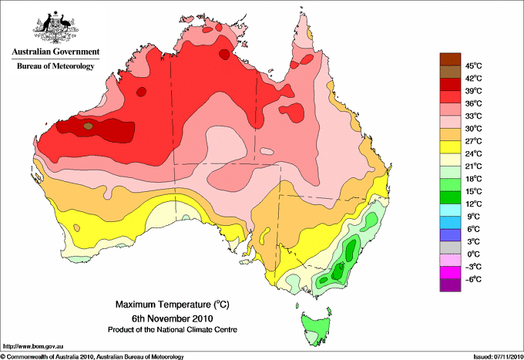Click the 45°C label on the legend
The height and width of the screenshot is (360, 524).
(474, 66)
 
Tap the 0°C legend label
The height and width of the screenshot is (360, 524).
(474, 254)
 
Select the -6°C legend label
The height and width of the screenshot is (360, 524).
(473, 279)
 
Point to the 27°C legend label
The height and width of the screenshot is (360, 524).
(474, 141)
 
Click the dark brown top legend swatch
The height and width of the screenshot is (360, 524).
(450, 59)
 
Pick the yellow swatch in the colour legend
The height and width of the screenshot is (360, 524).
(450, 147)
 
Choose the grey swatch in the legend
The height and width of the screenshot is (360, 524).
(450, 247)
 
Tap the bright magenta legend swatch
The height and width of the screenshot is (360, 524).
(450, 273)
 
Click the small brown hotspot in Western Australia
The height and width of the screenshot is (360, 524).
(88, 126)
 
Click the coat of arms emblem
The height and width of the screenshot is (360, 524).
(55, 26)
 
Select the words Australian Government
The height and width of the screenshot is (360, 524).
(55, 52)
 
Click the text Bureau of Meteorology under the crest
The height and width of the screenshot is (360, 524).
(55, 66)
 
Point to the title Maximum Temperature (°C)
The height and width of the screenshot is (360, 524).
(173, 304)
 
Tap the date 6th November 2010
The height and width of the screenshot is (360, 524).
(173, 318)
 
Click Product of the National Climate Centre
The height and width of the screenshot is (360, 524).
(173, 330)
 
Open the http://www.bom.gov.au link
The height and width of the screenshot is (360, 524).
(32, 347)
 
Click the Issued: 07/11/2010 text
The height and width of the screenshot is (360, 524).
(499, 357)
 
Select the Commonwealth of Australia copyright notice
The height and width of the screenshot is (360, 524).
(92, 357)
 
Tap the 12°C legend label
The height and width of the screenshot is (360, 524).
(474, 204)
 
